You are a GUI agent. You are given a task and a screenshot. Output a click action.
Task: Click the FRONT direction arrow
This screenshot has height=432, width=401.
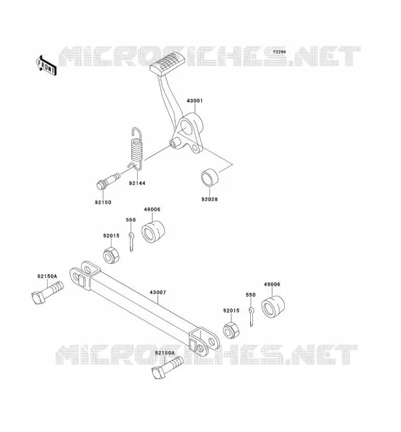coord(46,65)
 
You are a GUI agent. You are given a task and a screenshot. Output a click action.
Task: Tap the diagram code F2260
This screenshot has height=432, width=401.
coord(279,52)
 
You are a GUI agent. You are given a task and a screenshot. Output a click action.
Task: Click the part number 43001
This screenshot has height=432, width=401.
coord(195,100)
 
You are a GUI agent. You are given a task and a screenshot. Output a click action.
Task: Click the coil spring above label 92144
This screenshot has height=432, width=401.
coord(137,147)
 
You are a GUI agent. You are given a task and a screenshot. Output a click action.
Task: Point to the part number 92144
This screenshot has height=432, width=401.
coord(137,183)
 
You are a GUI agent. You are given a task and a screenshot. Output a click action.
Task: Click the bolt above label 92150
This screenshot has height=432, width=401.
coord(108,180)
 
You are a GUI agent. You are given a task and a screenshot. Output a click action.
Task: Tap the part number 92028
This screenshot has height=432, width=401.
coord(209,199)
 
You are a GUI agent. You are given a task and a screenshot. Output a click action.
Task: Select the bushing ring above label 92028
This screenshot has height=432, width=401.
coord(210,177)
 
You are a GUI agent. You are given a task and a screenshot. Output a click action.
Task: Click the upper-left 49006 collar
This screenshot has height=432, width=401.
coord(153,232)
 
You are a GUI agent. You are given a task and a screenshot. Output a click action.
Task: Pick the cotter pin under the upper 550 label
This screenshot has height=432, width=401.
coord(131,242)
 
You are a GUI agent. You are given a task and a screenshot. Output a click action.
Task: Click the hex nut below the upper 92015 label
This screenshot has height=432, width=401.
coord(111,255)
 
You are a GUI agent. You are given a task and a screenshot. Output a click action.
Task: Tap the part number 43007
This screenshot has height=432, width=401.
coord(158,292)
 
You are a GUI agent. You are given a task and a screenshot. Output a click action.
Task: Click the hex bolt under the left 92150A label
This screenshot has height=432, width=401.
coord(48,292)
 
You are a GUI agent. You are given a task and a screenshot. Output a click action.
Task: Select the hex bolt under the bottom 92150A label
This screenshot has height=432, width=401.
coord(167,367)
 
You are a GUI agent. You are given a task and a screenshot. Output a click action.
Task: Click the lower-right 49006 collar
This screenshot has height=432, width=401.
coord(273,307)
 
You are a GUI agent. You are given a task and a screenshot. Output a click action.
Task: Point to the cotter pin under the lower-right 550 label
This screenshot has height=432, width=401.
coord(251,317)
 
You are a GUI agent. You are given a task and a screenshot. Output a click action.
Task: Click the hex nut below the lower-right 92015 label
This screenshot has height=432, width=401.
coord(231,330)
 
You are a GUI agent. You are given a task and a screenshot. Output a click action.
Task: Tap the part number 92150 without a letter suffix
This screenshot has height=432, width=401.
coord(103,202)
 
